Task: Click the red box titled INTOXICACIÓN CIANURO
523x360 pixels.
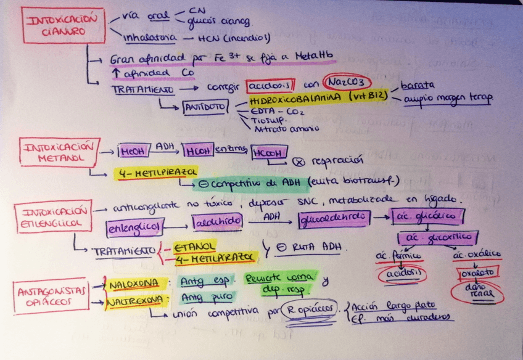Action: tap(56, 25)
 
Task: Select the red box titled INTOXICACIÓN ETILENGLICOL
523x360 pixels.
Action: tap(55, 216)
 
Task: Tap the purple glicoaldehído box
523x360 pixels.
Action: tap(334, 218)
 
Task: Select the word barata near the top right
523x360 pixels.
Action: tap(418, 84)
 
